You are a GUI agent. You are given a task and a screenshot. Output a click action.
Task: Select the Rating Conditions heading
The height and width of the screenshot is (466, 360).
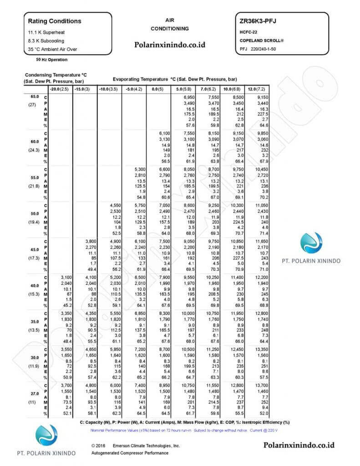(55, 21)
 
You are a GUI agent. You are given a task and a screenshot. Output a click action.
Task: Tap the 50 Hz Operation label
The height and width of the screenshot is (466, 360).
(51, 60)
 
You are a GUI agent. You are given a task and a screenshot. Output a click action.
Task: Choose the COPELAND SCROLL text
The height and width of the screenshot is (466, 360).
(262, 41)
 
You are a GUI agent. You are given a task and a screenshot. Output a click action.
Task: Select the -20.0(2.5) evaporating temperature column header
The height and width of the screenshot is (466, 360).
(59, 88)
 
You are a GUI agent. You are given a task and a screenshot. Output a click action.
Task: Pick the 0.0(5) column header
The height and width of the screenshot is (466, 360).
(158, 88)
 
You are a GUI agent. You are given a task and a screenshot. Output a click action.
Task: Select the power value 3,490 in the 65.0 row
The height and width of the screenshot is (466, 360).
(189, 104)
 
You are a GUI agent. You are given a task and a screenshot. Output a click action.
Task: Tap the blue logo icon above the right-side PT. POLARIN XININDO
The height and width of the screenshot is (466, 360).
(317, 242)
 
